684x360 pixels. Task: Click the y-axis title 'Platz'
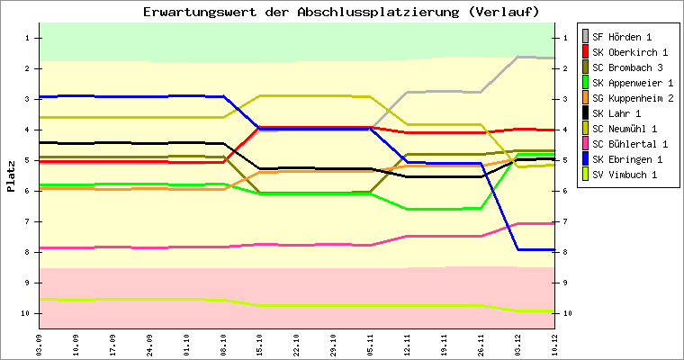(11, 175)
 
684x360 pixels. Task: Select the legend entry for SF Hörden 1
(622, 37)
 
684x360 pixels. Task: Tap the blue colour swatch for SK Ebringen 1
(585, 159)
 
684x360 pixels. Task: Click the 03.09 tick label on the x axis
(39, 345)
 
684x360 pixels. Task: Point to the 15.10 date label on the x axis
(260, 345)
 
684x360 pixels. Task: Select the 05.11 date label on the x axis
(371, 345)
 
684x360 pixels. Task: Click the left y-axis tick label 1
(29, 38)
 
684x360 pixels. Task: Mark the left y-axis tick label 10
(27, 313)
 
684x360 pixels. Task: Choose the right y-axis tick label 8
(564, 252)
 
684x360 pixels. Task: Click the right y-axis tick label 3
(564, 99)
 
